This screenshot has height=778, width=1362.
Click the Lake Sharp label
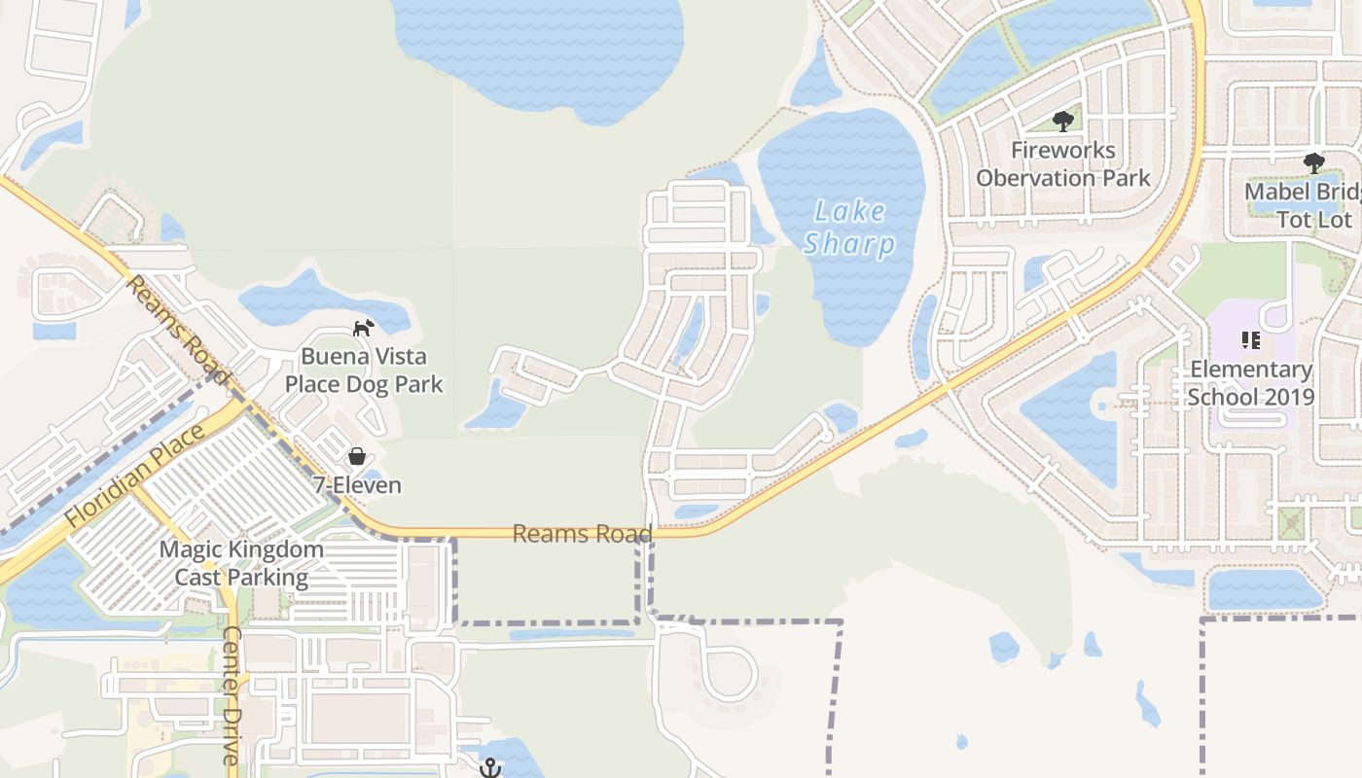tap(849, 228)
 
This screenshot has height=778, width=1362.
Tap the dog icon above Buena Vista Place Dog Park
tap(362, 328)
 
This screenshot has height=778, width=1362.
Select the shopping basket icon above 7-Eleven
tap(357, 456)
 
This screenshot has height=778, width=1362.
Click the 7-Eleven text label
tap(357, 484)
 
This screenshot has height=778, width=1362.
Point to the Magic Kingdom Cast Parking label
tap(241, 563)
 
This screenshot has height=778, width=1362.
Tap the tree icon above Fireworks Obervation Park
tap(1062, 122)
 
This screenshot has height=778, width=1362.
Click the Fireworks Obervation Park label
tap(1063, 164)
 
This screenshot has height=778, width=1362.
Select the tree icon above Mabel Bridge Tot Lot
tap(1314, 162)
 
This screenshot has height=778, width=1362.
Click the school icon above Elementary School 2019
tap(1251, 340)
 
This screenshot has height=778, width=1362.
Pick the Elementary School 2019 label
tap(1251, 383)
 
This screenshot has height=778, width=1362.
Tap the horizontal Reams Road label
tap(582, 533)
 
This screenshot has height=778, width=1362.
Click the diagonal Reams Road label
tap(178, 329)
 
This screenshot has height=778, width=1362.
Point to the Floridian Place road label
tap(136, 476)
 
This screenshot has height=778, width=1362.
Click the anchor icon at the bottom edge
tap(490, 767)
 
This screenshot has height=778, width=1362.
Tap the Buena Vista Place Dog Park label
tap(364, 371)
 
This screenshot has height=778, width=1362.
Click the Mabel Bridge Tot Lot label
tap(1304, 205)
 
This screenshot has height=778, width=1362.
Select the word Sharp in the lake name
tap(849, 243)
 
